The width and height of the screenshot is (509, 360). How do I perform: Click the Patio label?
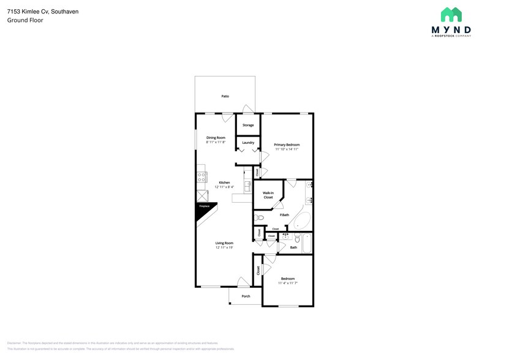point(225,97)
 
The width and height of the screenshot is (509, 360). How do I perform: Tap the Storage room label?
point(248,126)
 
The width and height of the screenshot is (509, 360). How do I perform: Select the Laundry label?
point(248,143)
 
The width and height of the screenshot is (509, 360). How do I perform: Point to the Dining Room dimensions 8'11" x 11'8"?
point(216,142)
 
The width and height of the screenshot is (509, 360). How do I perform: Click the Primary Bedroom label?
point(287,144)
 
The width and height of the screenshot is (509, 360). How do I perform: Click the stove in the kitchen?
point(202,178)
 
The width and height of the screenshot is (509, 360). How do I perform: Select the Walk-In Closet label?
point(268,195)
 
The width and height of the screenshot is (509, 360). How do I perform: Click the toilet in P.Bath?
point(260,217)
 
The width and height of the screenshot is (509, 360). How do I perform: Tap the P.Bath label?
point(284,214)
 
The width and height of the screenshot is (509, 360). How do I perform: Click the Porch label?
point(246,296)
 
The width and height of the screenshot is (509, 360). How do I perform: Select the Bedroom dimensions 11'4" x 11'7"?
point(287,283)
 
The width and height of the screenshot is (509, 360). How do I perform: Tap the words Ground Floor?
point(21,20)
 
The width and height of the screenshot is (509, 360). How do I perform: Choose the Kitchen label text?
point(224,182)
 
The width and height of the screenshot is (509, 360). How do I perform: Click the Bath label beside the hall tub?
point(293,247)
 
